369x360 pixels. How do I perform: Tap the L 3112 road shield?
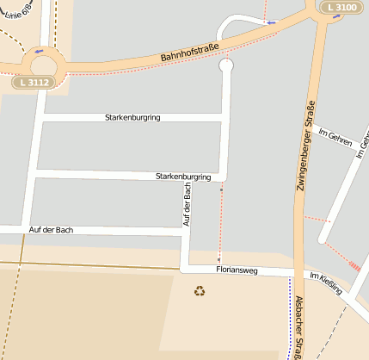click(x=34, y=83)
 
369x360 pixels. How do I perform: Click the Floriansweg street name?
click(x=237, y=270)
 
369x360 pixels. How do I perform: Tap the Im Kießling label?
click(x=325, y=283)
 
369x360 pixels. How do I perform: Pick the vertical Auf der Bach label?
click(x=187, y=205)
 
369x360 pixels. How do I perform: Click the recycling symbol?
click(x=200, y=291)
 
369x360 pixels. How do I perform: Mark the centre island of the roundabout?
click(x=40, y=63)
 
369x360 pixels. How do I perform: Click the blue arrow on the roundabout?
click(x=39, y=51)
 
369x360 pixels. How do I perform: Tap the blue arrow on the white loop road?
click(x=272, y=22)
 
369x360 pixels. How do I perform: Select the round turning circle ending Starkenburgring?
click(x=227, y=65)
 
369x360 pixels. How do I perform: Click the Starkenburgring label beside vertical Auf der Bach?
click(x=183, y=177)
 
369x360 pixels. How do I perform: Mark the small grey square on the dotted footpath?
click(x=219, y=258)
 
